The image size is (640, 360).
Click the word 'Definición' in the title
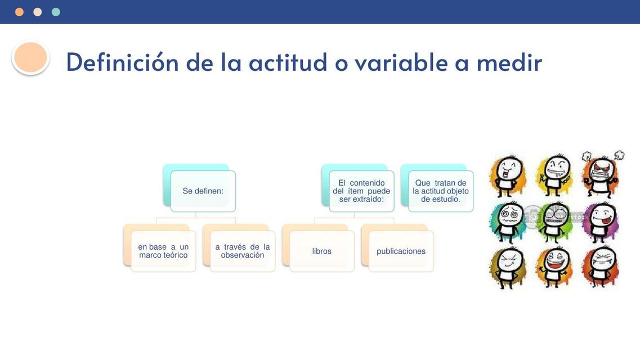[x=122, y=62]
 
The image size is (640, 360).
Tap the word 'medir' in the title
[x=509, y=62]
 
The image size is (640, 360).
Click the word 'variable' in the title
[x=400, y=62]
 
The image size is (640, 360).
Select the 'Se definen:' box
[x=203, y=191]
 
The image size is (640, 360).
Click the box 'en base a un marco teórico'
[x=163, y=251]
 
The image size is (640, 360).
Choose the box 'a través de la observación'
[x=243, y=251]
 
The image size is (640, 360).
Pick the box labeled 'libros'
[x=322, y=251]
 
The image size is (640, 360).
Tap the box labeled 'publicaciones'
[x=401, y=251]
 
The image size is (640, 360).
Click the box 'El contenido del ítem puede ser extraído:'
[x=361, y=191]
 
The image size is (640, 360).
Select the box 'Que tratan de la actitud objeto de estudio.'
[x=440, y=191]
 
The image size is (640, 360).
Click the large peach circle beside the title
[x=30, y=57]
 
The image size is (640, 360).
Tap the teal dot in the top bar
[x=56, y=12]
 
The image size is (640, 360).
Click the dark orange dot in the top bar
[x=19, y=12]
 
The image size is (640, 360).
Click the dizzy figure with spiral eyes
[x=508, y=221]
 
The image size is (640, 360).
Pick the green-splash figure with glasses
[x=554, y=221]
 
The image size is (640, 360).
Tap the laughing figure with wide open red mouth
[x=554, y=266]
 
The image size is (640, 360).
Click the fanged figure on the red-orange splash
[x=600, y=266]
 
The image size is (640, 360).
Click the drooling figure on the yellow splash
[x=554, y=174]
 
